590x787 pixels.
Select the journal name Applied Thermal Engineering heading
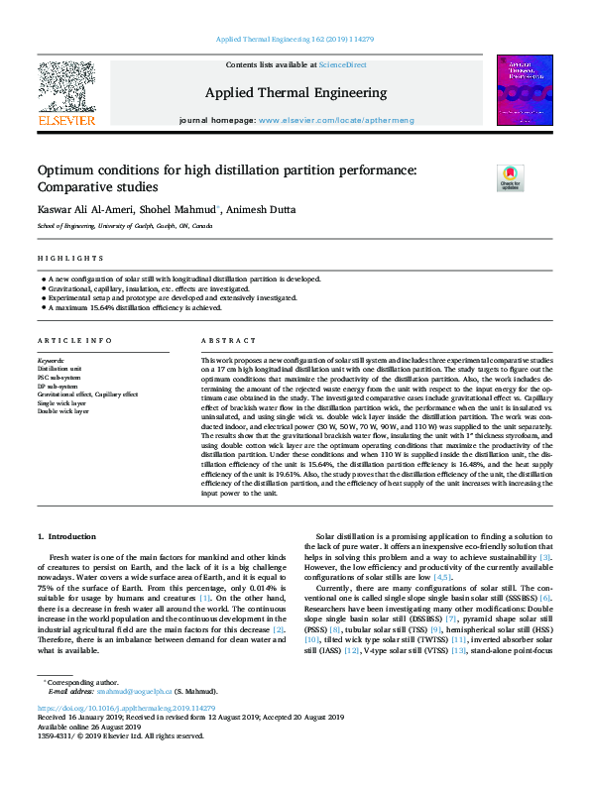click(295, 93)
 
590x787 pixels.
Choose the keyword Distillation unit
click(59, 368)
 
